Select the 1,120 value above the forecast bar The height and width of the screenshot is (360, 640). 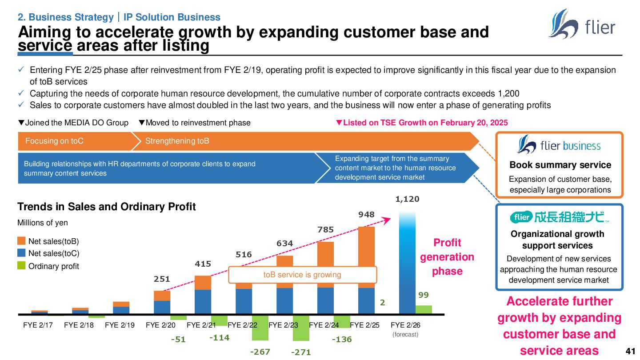pos(407,199)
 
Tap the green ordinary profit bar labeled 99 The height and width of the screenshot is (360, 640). pos(424,309)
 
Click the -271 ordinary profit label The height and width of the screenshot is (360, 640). pos(301,352)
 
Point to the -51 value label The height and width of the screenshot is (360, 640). pos(178,339)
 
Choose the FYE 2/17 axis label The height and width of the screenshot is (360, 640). pos(38,325)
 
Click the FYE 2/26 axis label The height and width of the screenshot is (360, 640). pos(404,325)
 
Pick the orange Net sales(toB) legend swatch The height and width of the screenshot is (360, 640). pos(21,241)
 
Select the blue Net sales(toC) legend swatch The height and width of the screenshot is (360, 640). pos(21,253)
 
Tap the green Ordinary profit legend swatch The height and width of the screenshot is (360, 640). pos(21,266)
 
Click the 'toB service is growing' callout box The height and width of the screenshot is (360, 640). pos(302,275)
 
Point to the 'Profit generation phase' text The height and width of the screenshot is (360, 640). pos(447,257)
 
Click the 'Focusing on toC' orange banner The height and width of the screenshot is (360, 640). pos(55,141)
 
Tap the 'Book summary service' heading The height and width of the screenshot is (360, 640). pos(560,165)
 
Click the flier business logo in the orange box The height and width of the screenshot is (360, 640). pos(559,145)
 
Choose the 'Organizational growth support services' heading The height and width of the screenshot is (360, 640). pos(557,240)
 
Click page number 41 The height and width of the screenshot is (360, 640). pos(630,350)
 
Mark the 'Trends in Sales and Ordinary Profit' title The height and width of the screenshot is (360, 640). pos(107,207)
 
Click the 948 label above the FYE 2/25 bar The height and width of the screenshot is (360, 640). pos(367,215)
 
